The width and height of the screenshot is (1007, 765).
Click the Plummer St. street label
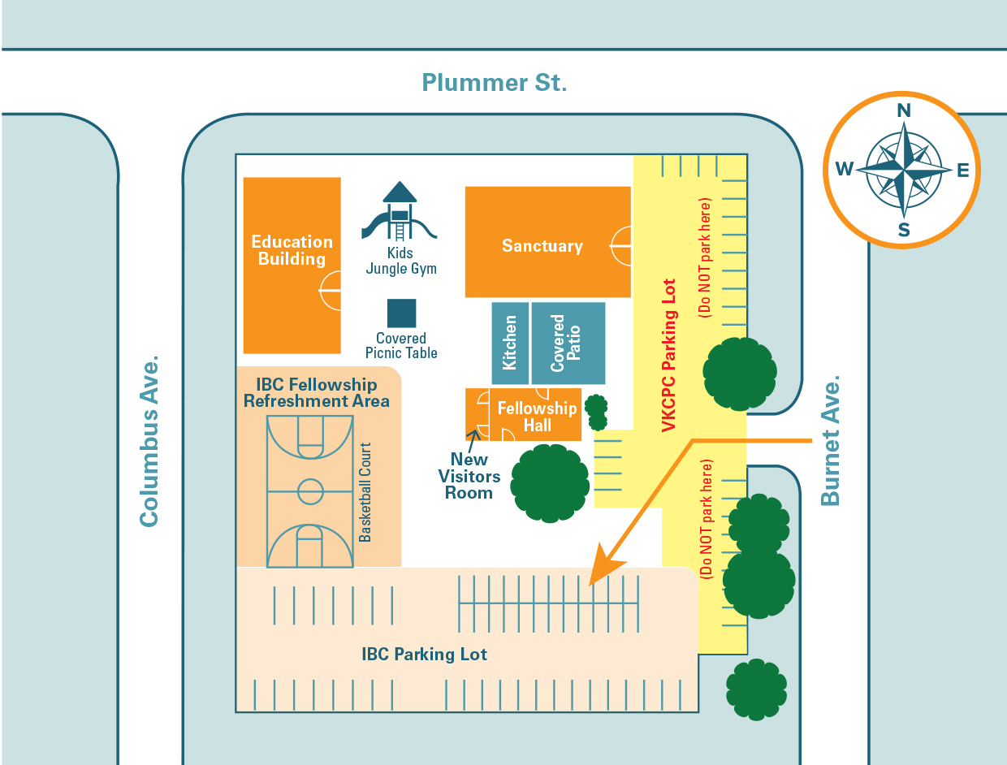pyautogui.click(x=494, y=83)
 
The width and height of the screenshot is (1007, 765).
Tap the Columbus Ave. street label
pyautogui.click(x=148, y=441)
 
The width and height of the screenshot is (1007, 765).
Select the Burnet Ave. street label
pyautogui.click(x=829, y=441)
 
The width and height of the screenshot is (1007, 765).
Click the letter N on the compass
pyautogui.click(x=903, y=111)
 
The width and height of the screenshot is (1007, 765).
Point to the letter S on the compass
pyautogui.click(x=903, y=230)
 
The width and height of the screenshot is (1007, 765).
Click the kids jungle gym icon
pyautogui.click(x=400, y=211)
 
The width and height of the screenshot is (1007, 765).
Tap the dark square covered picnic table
pyautogui.click(x=401, y=313)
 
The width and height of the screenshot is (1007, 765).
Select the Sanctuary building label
pyautogui.click(x=542, y=246)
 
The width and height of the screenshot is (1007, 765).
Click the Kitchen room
pyautogui.click(x=510, y=343)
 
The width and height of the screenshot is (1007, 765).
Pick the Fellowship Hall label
pyautogui.click(x=537, y=417)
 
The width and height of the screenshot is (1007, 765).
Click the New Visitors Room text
pyautogui.click(x=469, y=476)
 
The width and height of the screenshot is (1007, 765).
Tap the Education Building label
pyautogui.click(x=292, y=250)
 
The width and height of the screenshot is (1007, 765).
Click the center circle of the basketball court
pyautogui.click(x=310, y=491)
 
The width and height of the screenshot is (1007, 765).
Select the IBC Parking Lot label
pyautogui.click(x=424, y=655)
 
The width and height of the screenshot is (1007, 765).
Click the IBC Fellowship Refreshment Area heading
pyautogui.click(x=317, y=393)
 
